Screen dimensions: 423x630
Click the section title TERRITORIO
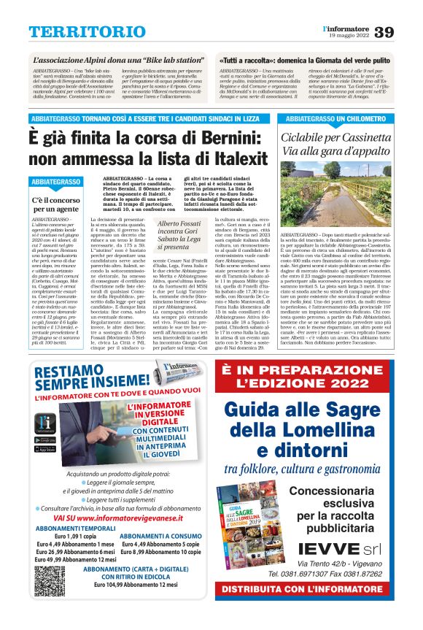(77, 32)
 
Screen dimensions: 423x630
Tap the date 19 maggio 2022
(347, 36)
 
